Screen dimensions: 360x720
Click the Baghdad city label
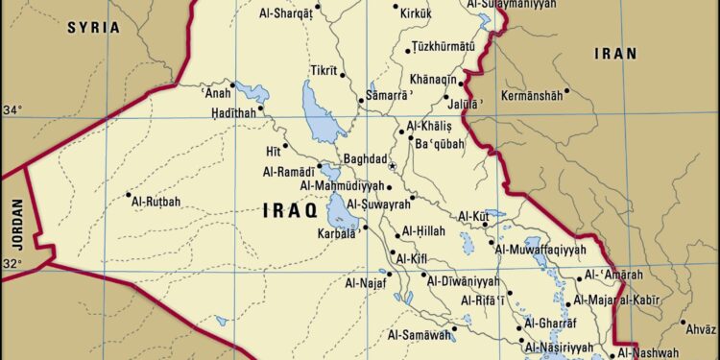coord(365,159)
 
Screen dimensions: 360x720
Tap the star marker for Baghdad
coord(392,166)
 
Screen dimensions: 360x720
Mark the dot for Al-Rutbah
coord(130,196)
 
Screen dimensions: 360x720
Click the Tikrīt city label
coord(323,71)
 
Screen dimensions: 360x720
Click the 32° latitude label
coord(12,263)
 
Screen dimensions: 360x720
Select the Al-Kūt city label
coord(475,216)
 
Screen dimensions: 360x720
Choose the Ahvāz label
coord(698,326)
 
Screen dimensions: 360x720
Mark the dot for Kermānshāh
coord(567,92)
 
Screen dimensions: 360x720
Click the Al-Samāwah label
coord(420,335)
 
